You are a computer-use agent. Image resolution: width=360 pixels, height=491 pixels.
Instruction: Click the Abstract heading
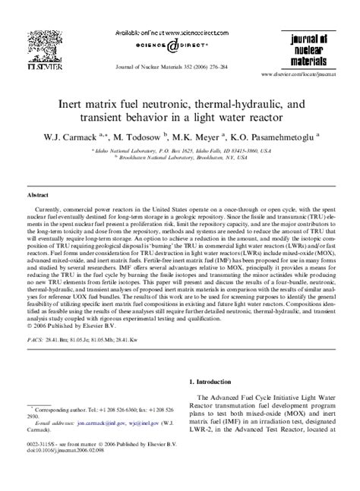pyautogui.click(x=39, y=194)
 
